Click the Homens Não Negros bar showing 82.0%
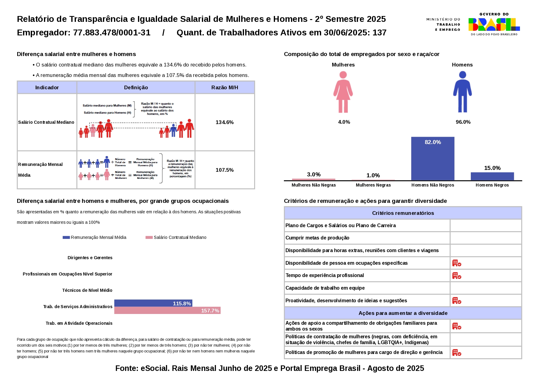point(432,159)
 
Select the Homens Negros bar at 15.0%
point(492,176)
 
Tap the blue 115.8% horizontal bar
point(153,303)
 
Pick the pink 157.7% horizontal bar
point(167,311)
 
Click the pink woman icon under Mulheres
point(343,92)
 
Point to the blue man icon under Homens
point(462,92)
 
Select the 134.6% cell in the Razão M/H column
point(225,122)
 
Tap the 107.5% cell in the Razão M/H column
point(225,170)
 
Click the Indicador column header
point(47,87)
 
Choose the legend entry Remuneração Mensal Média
point(95,237)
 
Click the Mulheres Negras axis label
point(373,185)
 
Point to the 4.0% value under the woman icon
point(344,122)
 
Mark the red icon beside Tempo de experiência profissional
point(456,275)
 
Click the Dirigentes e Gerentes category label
point(90,258)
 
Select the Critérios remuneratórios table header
point(403,213)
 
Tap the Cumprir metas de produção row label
point(317,238)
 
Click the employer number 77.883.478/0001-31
point(112,33)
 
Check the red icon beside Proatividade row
point(456,300)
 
